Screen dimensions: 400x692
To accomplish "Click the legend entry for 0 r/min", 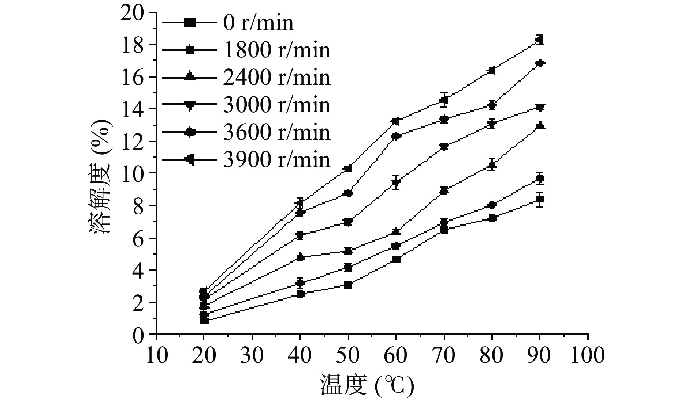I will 258,23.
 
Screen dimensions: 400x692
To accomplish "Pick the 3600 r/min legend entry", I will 276,132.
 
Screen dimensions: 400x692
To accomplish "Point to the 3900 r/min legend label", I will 276,159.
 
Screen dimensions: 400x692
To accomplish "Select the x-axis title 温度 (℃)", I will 367,385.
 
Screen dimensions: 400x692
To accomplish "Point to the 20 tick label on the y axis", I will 133,13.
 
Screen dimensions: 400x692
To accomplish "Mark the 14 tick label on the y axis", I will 133,109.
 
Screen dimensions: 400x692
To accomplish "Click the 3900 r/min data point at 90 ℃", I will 539,39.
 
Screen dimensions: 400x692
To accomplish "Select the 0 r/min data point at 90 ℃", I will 539,199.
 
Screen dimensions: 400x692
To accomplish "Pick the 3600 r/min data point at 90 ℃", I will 539,63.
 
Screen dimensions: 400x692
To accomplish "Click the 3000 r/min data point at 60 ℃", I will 396,182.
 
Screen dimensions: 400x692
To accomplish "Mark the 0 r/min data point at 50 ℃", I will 348,285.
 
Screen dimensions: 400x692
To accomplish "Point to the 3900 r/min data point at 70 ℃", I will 444,100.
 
